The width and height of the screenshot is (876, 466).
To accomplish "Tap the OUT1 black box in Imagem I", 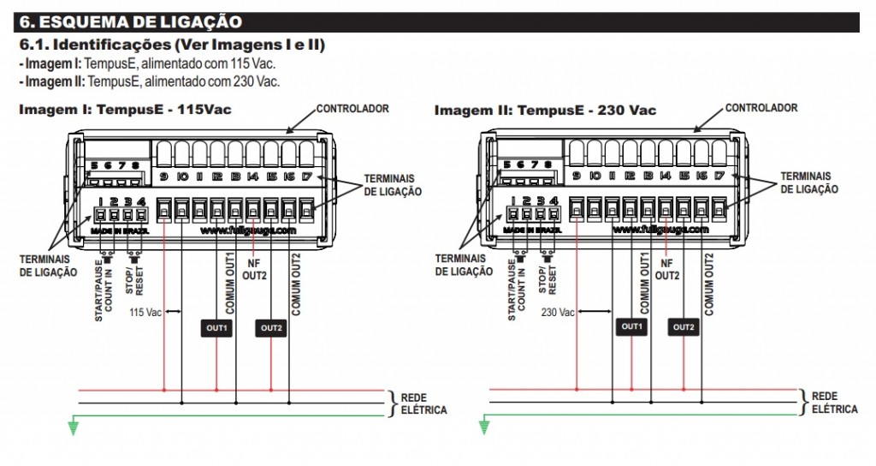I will coord(216,327).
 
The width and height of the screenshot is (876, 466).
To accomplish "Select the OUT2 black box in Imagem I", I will coord(270,327).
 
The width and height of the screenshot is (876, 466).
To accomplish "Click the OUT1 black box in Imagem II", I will coord(631,327).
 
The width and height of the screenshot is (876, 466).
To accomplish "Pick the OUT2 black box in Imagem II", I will coord(684,327).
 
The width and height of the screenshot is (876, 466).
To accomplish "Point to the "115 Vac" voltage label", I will coord(145,312).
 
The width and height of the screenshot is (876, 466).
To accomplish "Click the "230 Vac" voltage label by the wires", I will coord(558,312).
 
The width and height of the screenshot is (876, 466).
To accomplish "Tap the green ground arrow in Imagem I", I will coord(73,427).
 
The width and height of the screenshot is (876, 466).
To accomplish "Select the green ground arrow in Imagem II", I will coord(484,427).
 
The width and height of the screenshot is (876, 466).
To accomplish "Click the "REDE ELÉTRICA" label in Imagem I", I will coord(423,403).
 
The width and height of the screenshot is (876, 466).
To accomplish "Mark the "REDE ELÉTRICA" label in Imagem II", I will coord(835,403).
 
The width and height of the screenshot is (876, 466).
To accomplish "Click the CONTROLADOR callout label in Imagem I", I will coord(352,109).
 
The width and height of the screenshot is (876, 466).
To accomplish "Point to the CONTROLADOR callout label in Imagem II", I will coord(761,108).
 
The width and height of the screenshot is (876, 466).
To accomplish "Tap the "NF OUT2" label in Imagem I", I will coord(253,269).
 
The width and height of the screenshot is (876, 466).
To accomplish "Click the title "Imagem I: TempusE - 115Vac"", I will coord(125,110).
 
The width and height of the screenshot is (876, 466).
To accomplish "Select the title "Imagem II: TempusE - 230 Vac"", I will coord(545,110).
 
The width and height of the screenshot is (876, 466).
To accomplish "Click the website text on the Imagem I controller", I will coord(248,230).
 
